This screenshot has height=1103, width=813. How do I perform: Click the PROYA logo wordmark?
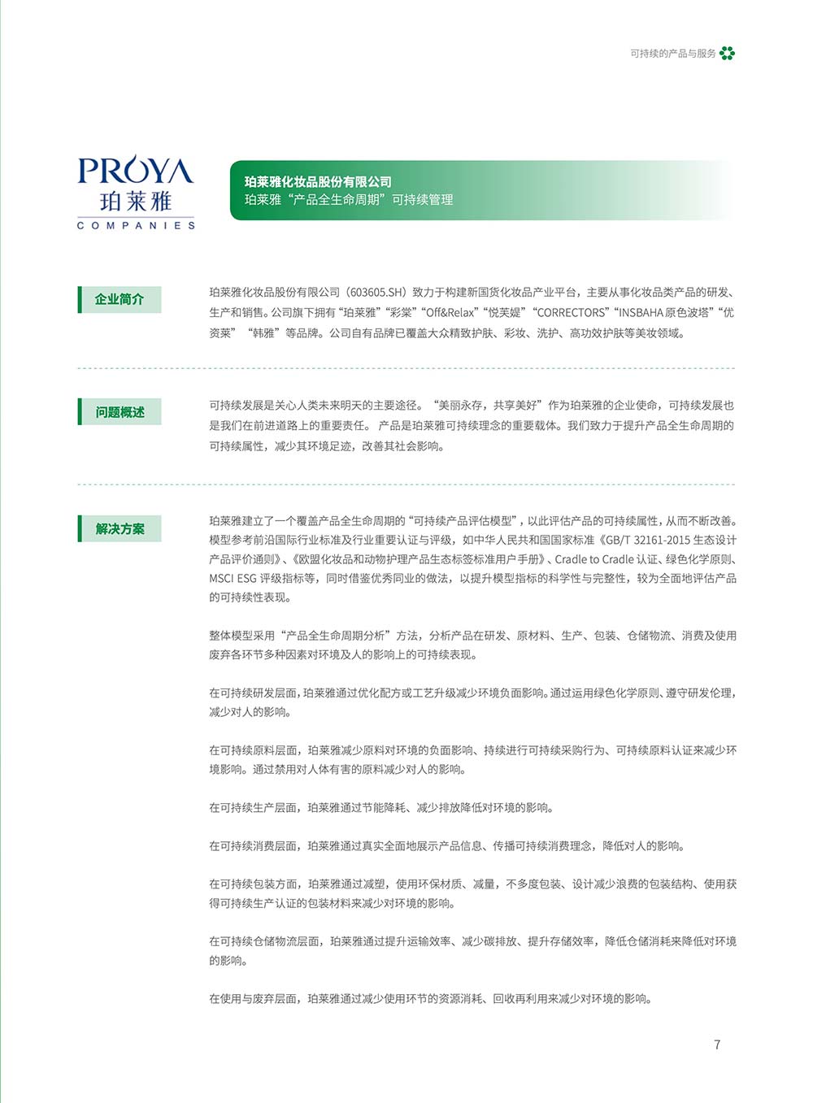point(136,171)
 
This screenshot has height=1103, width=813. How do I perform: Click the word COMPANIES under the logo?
point(136,225)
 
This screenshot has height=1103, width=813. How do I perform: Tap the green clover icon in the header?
point(727,54)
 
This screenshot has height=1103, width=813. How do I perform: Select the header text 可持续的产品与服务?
point(673,54)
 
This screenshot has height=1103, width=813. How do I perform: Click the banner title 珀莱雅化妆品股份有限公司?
point(318,182)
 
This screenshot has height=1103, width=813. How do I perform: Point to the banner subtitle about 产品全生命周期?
point(349,200)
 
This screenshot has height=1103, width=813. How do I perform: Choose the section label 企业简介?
point(120,299)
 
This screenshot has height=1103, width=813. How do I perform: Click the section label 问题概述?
point(120,412)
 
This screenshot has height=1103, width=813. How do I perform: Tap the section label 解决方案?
point(120,529)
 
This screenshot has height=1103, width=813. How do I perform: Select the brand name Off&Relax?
point(451,313)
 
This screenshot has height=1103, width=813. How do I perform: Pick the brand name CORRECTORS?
point(571,313)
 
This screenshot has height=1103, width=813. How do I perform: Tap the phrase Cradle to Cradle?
point(594,559)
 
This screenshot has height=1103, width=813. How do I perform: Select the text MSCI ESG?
point(233,579)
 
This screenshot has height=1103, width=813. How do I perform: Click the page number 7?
point(717,1044)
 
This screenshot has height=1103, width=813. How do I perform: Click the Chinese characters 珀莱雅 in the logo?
point(136,201)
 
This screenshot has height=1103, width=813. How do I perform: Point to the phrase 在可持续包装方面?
point(253,884)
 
